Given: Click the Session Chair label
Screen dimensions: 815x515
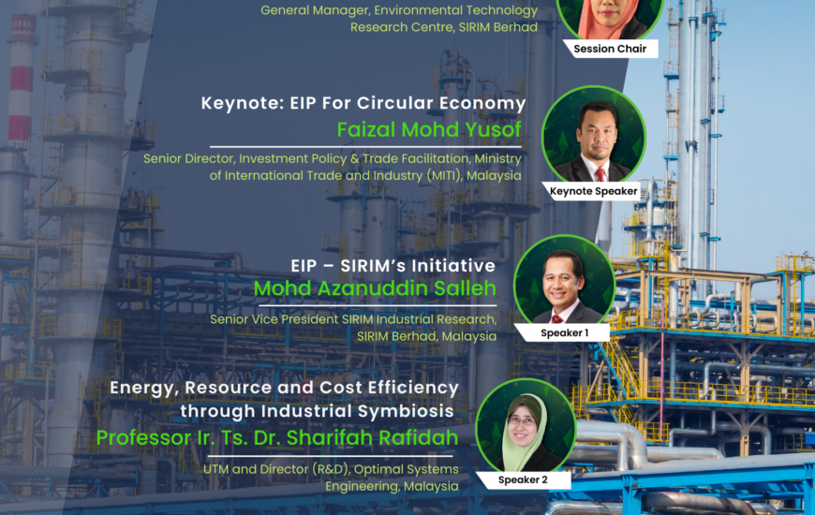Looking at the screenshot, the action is click(610, 49).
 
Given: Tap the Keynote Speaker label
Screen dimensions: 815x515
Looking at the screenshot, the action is click(594, 191).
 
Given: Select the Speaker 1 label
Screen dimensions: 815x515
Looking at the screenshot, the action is click(565, 332).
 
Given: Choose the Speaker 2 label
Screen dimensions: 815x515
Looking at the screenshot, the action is click(523, 479).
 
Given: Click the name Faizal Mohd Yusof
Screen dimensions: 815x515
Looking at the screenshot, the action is click(429, 129).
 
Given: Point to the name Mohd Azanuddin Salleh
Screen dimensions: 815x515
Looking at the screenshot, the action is click(375, 287).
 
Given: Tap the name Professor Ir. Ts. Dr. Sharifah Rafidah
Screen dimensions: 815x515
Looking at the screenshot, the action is click(277, 437).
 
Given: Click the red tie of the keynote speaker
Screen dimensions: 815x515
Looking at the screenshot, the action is click(600, 174).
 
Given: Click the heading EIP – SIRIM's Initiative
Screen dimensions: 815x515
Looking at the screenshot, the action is click(393, 266).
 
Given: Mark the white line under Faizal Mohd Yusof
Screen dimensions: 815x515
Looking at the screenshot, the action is click(365, 147).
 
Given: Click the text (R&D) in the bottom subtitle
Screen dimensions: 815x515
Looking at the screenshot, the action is click(331, 469).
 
